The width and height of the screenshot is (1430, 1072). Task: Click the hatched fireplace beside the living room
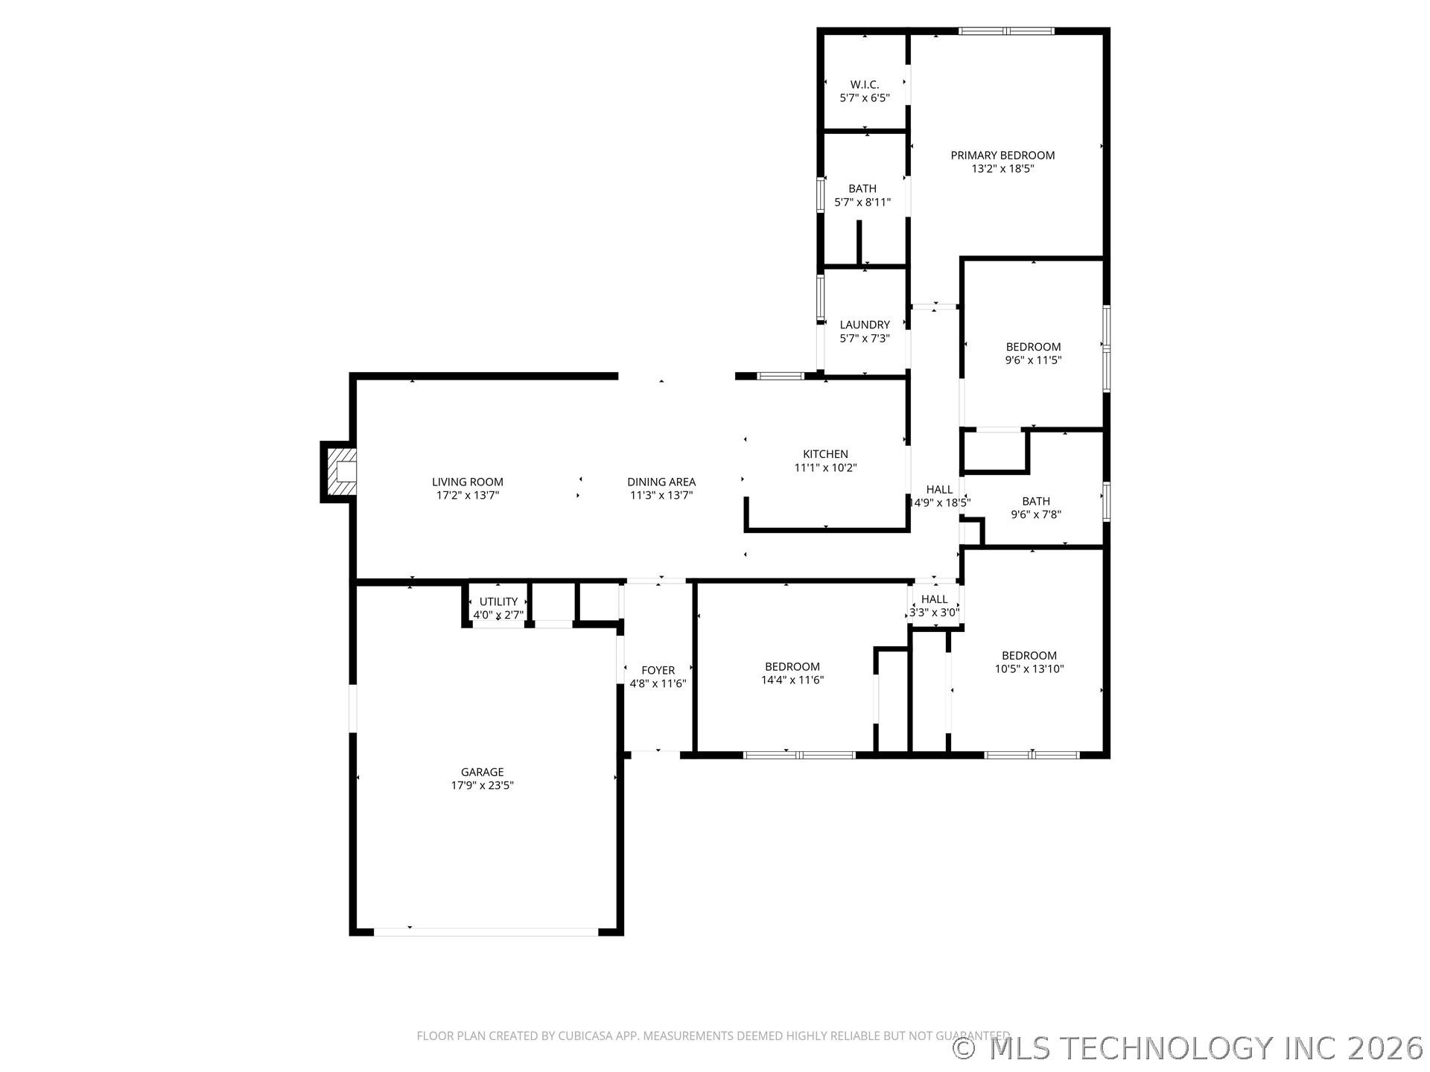[344, 472]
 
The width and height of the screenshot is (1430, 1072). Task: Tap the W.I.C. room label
[865, 85]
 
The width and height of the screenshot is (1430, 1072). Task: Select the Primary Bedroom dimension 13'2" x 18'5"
[1002, 169]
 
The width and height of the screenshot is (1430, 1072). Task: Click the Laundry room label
[865, 325]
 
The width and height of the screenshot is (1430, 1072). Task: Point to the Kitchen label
[825, 454]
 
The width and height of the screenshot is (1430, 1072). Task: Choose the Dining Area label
[661, 482]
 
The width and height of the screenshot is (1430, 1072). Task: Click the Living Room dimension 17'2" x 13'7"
[468, 495]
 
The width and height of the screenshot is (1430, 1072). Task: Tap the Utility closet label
[498, 602]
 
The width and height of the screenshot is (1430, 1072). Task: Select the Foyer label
[658, 670]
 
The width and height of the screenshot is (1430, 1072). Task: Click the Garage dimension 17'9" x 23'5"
[483, 785]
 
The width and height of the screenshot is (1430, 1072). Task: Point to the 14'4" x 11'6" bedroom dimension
[792, 680]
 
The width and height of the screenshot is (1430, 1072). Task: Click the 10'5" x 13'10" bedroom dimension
[1029, 669]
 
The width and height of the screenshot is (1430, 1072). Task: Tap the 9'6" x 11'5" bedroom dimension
[1033, 360]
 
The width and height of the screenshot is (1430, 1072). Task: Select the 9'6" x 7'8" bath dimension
[1036, 514]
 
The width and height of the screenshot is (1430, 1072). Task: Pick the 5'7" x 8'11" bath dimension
[862, 202]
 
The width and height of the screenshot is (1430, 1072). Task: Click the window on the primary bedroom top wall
[1006, 31]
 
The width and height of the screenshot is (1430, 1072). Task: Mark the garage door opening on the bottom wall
[486, 931]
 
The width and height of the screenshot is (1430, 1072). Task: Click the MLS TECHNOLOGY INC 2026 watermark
[1189, 1048]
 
